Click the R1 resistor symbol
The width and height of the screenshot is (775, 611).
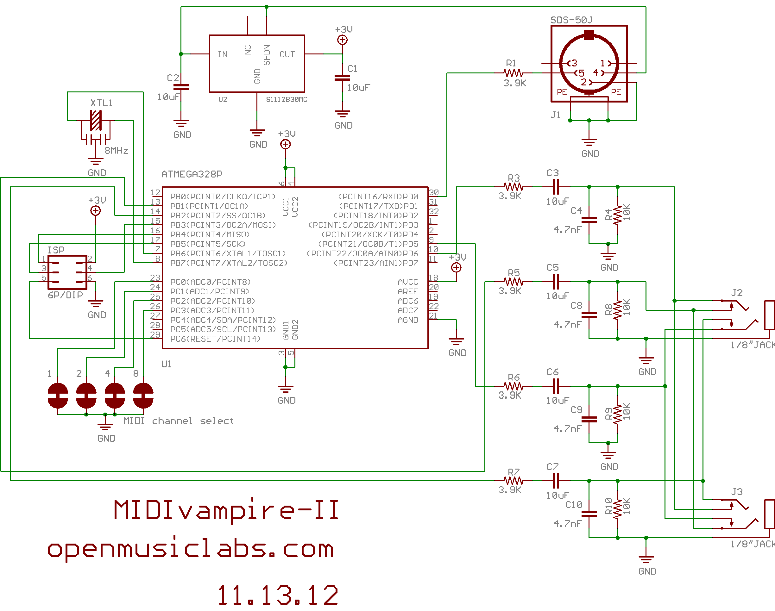[513, 73]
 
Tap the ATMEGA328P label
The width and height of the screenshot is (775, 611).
[192, 174]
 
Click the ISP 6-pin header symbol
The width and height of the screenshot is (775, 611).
[67, 272]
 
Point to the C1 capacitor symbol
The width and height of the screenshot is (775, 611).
[342, 78]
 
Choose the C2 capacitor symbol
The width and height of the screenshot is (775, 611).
[181, 87]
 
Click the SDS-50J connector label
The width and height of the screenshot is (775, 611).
[571, 20]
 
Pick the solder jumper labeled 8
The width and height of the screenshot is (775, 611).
[143, 395]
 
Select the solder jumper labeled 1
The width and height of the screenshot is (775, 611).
[58, 395]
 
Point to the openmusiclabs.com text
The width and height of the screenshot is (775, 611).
[191, 549]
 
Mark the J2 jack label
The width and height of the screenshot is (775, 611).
[737, 293]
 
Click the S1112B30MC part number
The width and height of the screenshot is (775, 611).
[287, 99]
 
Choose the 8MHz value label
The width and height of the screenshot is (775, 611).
[116, 151]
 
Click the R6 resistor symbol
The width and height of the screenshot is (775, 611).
[513, 386]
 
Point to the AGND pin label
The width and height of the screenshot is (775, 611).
[408, 320]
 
